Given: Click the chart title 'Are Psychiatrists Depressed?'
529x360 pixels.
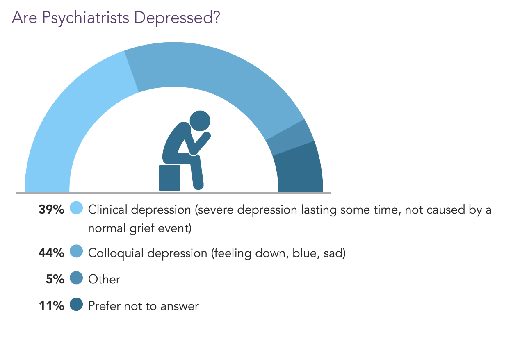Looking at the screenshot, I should (x=116, y=18).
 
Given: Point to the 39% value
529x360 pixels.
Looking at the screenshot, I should (x=51, y=210).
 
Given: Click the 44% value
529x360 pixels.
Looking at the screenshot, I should (x=51, y=253).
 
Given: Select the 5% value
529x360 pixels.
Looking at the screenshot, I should (x=55, y=279).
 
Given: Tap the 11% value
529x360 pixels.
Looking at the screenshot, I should (x=51, y=305).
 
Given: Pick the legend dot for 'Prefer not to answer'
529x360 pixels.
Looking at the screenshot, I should (x=77, y=305).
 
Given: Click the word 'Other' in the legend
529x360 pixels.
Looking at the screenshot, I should (x=104, y=279).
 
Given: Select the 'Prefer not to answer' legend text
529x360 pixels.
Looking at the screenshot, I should (x=144, y=306).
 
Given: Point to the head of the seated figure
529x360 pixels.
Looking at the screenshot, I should (x=200, y=121).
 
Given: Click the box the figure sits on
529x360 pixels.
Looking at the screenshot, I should (x=169, y=178).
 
